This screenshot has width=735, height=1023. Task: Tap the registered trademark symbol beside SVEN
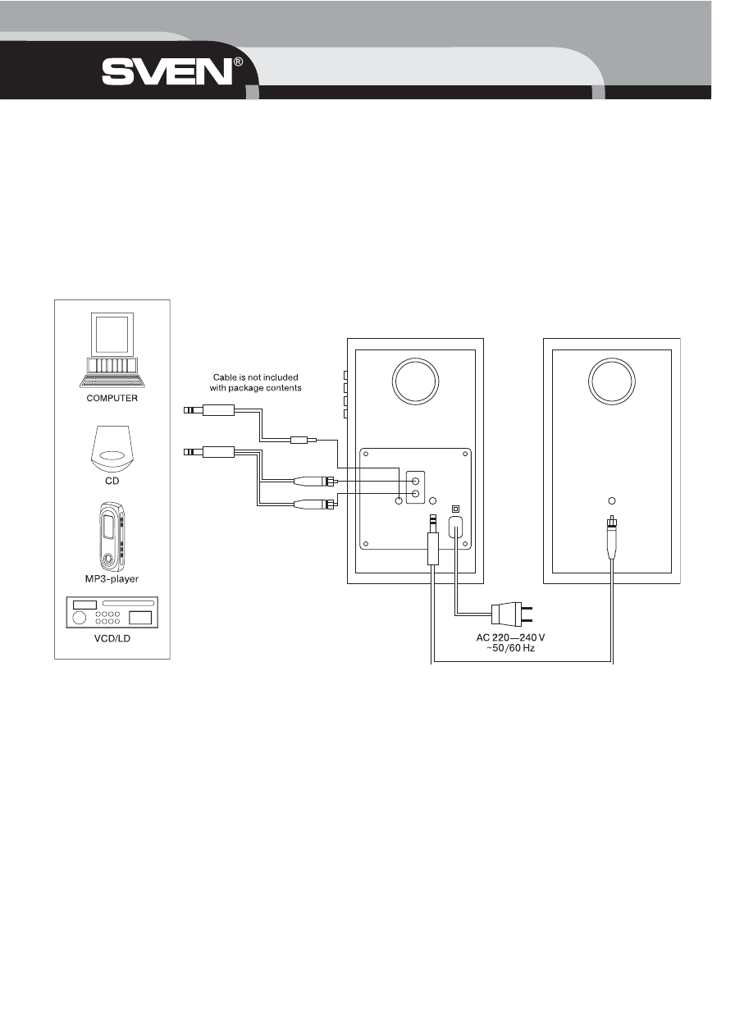(x=238, y=62)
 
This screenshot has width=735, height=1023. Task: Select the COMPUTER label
(x=112, y=399)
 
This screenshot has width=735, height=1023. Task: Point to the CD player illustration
(x=112, y=449)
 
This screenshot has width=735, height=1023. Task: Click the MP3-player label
(x=112, y=578)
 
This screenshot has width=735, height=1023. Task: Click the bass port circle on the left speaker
(x=415, y=381)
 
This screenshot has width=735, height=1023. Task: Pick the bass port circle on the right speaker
(x=611, y=381)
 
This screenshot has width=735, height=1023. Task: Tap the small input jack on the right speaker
(x=611, y=500)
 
